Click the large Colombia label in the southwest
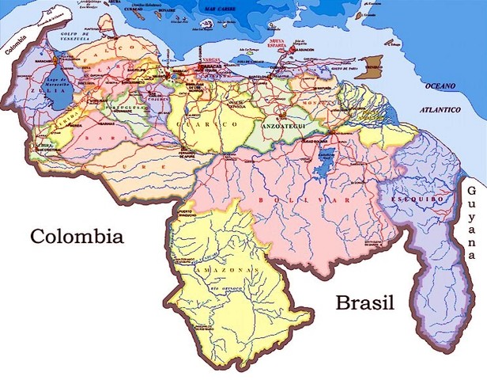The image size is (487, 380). (77, 237)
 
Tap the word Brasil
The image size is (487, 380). (364, 302)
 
